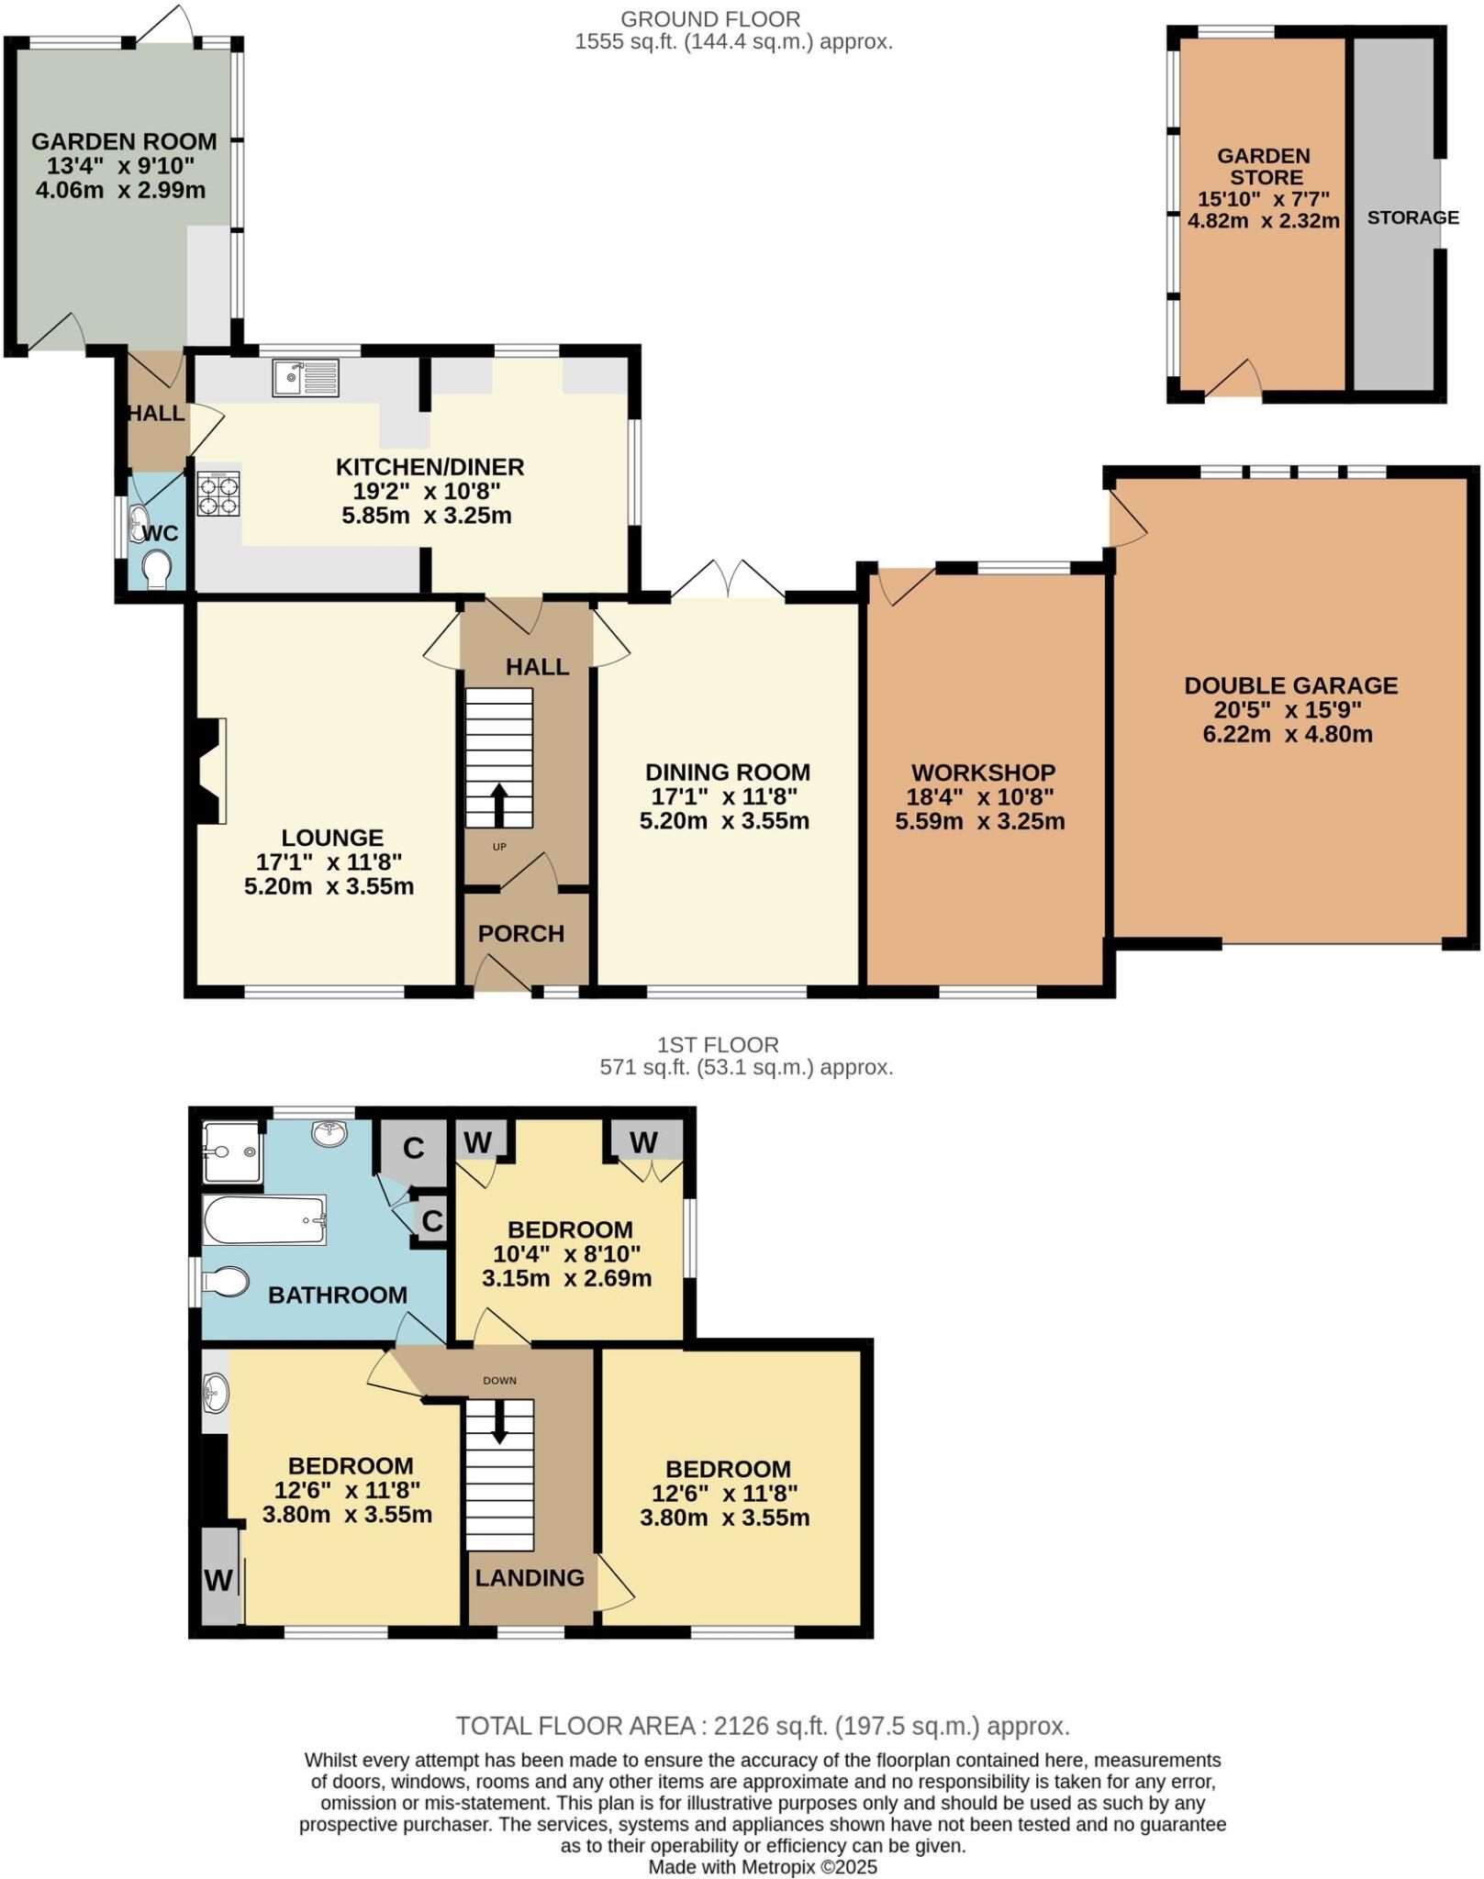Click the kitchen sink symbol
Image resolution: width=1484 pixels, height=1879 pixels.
click(x=306, y=378)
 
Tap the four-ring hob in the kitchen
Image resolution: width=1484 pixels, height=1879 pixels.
click(x=218, y=495)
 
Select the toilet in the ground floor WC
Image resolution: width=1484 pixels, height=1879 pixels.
click(x=158, y=568)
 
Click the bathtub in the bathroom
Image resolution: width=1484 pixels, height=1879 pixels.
click(x=264, y=1219)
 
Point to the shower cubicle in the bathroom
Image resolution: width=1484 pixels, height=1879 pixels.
click(x=232, y=1151)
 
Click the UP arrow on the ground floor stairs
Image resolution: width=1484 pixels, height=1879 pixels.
click(x=498, y=806)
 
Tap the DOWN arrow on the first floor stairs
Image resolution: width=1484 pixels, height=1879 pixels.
click(x=499, y=1421)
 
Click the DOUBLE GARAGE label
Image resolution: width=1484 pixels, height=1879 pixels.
click(x=1290, y=685)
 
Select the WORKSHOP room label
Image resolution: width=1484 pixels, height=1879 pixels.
click(x=983, y=773)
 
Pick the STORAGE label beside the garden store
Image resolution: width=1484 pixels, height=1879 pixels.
click(x=1412, y=217)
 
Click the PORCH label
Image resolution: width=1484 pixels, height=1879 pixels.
click(x=520, y=934)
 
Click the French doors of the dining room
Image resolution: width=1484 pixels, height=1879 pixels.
click(x=728, y=580)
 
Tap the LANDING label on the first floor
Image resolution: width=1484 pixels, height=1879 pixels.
click(x=530, y=1577)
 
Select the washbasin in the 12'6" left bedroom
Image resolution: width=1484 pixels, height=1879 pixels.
click(x=216, y=1391)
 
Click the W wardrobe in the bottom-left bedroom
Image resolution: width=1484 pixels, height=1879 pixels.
click(x=218, y=1580)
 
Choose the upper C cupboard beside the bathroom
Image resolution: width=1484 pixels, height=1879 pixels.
click(x=414, y=1148)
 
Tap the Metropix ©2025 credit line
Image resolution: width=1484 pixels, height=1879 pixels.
click(x=763, y=1867)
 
